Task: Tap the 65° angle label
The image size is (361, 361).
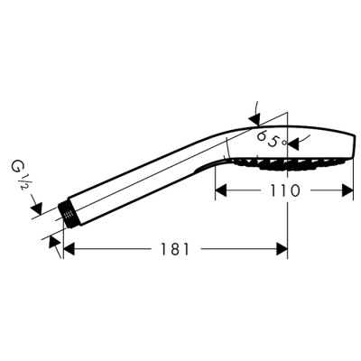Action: [270, 139]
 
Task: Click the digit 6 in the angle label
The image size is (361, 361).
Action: [262, 137]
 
